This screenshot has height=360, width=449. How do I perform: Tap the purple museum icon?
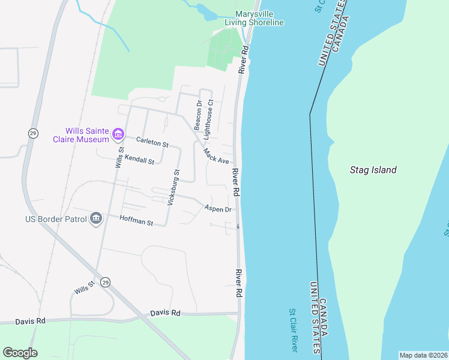click(118, 134)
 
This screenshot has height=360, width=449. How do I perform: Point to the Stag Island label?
click(373, 170)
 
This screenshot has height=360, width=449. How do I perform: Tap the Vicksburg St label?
click(173, 188)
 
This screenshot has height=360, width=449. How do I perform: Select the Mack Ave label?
click(216, 157)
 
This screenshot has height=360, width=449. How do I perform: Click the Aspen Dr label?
click(218, 209)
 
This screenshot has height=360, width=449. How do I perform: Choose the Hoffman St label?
click(136, 221)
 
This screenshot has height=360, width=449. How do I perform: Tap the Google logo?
click(20, 353)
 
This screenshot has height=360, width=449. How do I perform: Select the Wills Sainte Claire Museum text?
click(88, 135)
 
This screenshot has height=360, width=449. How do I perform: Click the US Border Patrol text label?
click(56, 220)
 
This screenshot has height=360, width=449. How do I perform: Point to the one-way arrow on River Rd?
click(238, 226)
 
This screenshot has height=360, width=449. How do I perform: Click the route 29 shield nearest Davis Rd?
click(106, 282)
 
